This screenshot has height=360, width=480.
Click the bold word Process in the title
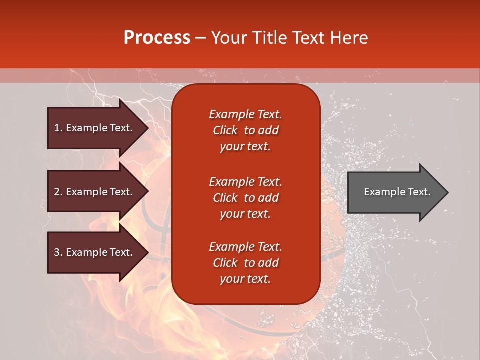[x=157, y=38]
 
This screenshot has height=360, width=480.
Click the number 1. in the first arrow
[x=58, y=128]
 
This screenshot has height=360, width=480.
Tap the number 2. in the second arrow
[x=58, y=192]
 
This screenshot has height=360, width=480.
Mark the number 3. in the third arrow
[x=58, y=252]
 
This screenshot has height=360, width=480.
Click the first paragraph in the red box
[x=245, y=130]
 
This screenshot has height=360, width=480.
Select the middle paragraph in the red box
[x=245, y=198]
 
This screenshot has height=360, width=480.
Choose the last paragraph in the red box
[x=245, y=263]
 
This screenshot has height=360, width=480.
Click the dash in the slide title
[x=200, y=38]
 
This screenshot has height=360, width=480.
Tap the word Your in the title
[x=226, y=38]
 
